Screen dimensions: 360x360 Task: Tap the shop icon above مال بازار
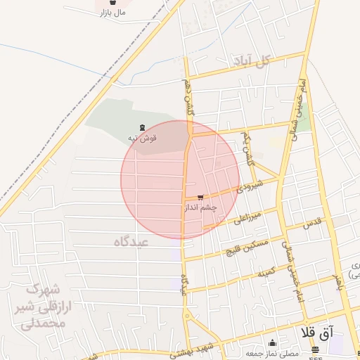(112, 3)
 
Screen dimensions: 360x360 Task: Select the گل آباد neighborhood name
(254, 62)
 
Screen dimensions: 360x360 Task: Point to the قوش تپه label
(141, 139)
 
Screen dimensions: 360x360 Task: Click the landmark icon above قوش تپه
(143, 128)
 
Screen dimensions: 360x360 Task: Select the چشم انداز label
(200, 207)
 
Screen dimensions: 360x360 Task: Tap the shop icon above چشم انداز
(202, 198)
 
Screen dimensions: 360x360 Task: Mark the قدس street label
(311, 224)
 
